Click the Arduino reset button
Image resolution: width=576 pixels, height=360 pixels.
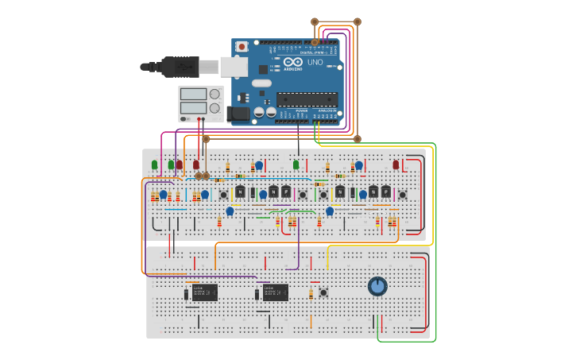click(242, 47)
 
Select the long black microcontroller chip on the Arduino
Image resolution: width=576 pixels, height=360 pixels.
click(307, 99)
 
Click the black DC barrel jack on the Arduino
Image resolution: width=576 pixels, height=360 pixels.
click(239, 114)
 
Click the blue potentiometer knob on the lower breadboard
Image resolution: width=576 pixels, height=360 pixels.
click(377, 286)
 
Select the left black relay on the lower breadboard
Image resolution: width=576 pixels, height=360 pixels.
click(204, 292)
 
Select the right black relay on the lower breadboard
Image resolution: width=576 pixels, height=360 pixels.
click(276, 292)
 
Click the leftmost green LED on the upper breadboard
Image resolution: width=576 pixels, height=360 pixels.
click(154, 165)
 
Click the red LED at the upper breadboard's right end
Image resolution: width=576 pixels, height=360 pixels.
click(396, 165)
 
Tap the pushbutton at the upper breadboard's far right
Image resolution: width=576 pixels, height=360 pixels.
click(403, 195)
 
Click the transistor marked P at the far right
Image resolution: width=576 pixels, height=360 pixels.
click(385, 192)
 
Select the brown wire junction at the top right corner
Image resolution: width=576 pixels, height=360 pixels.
click(357, 21)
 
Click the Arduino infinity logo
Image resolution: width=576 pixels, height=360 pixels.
click(292, 62)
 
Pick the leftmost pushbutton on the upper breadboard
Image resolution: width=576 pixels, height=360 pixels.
click(223, 195)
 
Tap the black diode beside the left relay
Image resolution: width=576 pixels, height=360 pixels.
click(187, 295)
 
